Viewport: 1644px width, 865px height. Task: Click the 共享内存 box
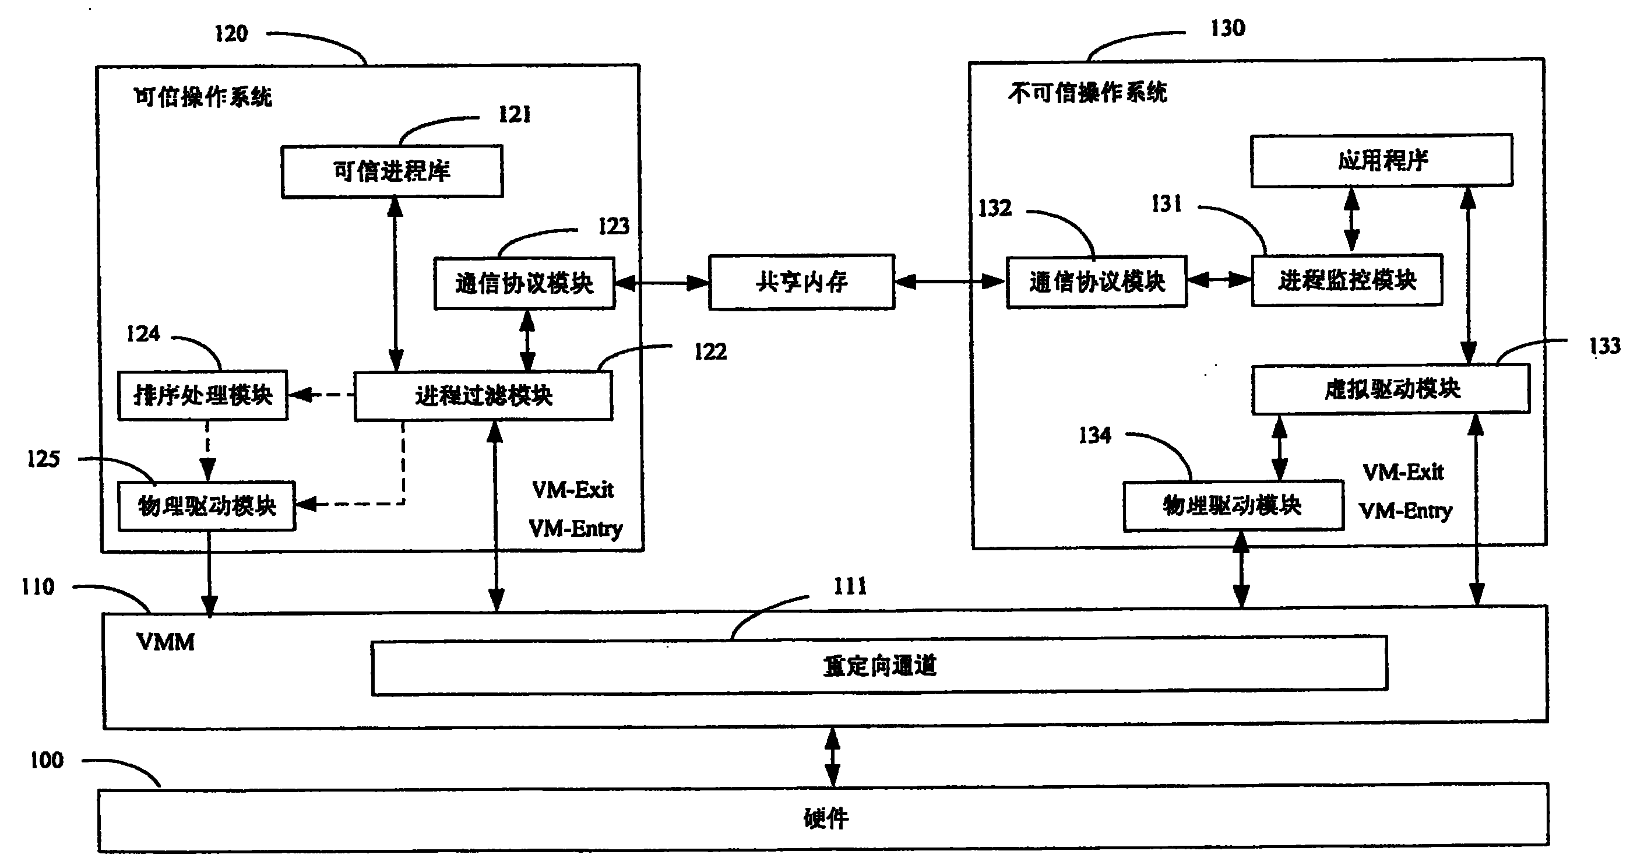[801, 282]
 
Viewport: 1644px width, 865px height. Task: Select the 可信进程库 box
[392, 171]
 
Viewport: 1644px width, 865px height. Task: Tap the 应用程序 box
[1382, 160]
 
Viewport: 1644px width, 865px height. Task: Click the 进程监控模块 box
[1347, 280]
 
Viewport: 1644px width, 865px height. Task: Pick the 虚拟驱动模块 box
[1390, 389]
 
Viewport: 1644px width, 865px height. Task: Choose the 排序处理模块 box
[203, 395]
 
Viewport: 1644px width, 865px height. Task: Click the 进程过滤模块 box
[483, 396]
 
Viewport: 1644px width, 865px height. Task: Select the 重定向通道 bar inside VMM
[879, 666]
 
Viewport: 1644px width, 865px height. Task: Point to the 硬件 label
[826, 818]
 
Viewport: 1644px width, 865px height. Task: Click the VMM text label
[166, 642]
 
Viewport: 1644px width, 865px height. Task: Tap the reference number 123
[613, 226]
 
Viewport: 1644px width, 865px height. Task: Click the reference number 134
[1094, 435]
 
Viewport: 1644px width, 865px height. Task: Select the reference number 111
[850, 586]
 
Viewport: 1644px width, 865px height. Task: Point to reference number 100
[47, 760]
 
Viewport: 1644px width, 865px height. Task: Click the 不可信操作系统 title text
[1087, 93]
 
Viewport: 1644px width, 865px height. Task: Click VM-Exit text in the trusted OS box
[572, 490]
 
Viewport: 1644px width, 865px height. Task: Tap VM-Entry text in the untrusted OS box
[1405, 511]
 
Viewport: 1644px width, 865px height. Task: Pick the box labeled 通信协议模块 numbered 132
[1096, 282]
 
